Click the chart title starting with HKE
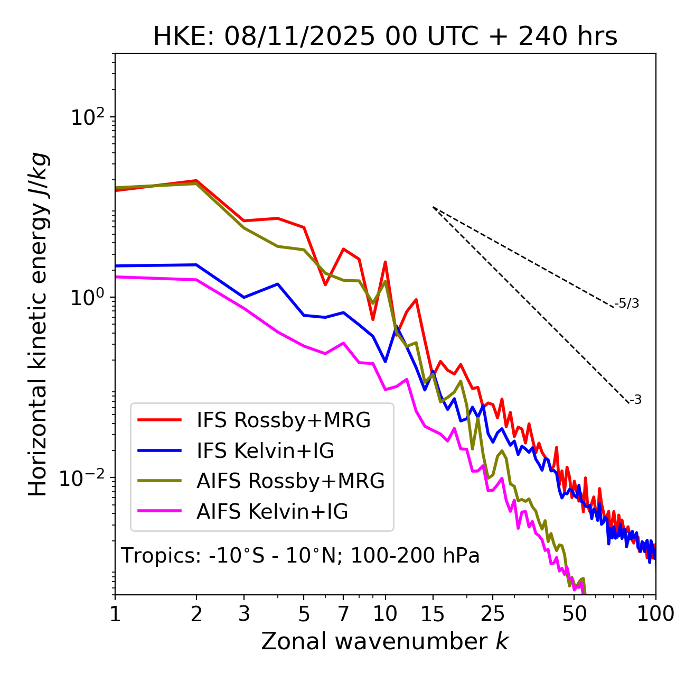click(x=385, y=36)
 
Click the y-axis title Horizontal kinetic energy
click(x=38, y=324)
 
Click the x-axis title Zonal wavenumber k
click(x=384, y=641)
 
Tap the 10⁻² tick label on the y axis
click(x=84, y=478)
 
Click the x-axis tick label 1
click(x=115, y=614)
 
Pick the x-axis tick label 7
click(x=343, y=614)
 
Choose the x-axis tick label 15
click(x=433, y=614)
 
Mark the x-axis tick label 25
click(x=492, y=614)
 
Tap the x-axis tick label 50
click(x=574, y=614)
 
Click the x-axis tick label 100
click(x=655, y=614)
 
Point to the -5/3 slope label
click(x=627, y=303)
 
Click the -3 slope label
click(x=635, y=400)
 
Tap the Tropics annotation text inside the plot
click(x=300, y=556)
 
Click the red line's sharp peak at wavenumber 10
click(x=386, y=262)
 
